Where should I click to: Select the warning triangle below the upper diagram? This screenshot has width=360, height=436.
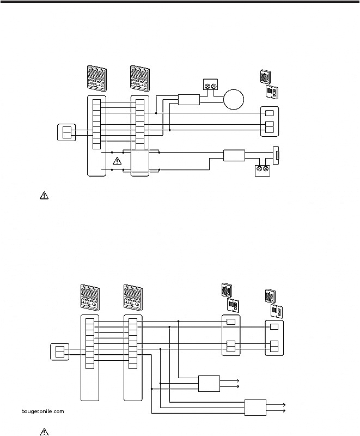point(44,196)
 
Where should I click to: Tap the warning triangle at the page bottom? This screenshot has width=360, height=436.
point(44,432)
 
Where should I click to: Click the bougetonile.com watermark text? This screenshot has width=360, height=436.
point(44,411)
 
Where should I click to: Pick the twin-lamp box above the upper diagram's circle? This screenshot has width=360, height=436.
point(210,85)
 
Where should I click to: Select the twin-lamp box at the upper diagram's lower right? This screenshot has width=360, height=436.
point(262,170)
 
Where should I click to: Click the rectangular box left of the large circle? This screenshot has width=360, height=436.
point(189,100)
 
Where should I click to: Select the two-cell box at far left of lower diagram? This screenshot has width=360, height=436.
point(59,352)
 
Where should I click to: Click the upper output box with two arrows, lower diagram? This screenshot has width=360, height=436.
point(209,383)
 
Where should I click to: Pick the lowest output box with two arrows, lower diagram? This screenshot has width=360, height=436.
point(255,408)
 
